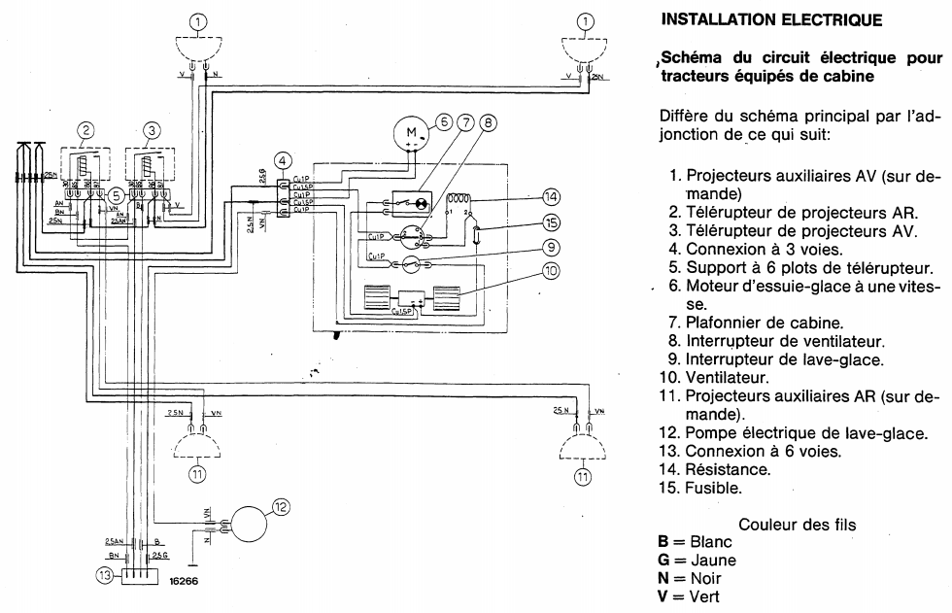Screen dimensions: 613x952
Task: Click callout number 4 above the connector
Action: (282, 160)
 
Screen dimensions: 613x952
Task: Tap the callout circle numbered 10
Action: (551, 271)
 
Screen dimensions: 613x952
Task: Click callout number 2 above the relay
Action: (86, 129)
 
